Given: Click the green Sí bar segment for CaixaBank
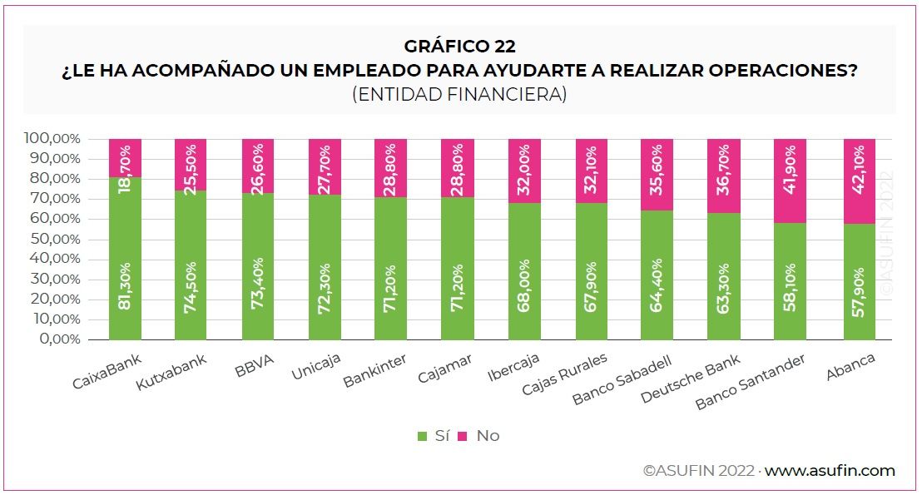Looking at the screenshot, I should (125, 258).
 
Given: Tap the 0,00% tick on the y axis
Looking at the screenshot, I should (57, 339).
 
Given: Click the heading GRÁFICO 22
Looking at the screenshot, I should (460, 47).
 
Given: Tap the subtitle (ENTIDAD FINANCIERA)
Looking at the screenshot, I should (459, 95).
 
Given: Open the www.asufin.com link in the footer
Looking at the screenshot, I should (830, 471).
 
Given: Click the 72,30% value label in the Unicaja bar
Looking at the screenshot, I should (325, 287).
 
